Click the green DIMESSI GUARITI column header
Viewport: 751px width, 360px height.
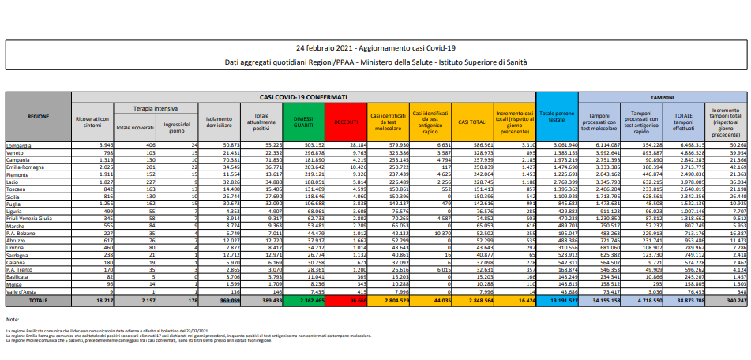[302, 122]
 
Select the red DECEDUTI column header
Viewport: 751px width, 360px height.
[345, 122]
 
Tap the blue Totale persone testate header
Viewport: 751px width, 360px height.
[558, 118]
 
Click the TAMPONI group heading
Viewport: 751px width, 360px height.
[662, 96]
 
